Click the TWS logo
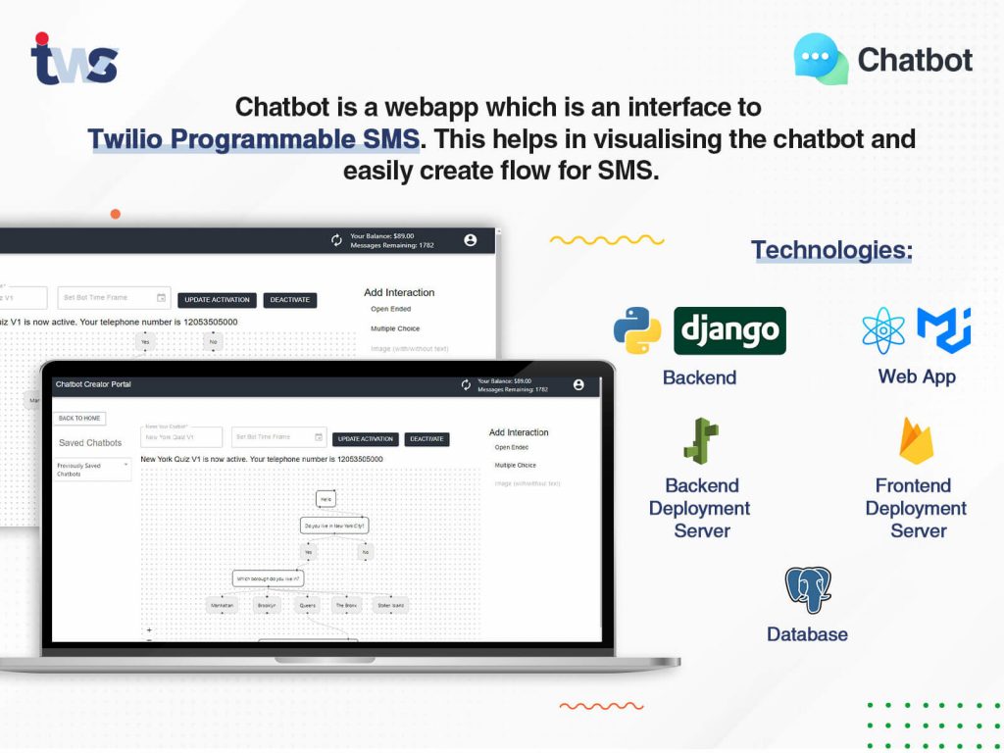pyautogui.click(x=74, y=61)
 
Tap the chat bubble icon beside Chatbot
pyautogui.click(x=821, y=59)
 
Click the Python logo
pyautogui.click(x=637, y=330)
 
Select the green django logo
pyautogui.click(x=729, y=331)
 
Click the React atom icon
pyautogui.click(x=883, y=330)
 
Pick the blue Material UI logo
pyautogui.click(x=943, y=329)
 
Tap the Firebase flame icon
pyautogui.click(x=917, y=440)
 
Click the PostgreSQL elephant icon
pyautogui.click(x=808, y=590)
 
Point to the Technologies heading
pyautogui.click(x=831, y=250)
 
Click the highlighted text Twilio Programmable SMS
pyautogui.click(x=254, y=138)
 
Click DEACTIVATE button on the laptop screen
pyautogui.click(x=427, y=439)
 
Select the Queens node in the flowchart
pyautogui.click(x=308, y=605)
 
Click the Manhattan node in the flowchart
pyautogui.click(x=223, y=605)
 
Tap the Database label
pyautogui.click(x=807, y=634)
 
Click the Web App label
pyautogui.click(x=917, y=376)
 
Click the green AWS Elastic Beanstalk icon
pyautogui.click(x=701, y=441)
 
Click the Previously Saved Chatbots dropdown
pyautogui.click(x=92, y=470)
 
